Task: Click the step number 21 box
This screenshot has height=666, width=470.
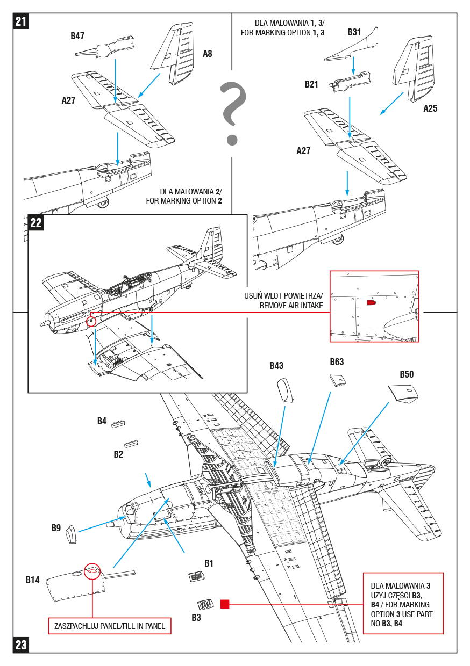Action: (20, 21)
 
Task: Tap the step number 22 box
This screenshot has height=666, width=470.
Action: (36, 222)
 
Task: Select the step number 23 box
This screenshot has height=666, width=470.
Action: (20, 645)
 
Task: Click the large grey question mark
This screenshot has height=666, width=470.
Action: (232, 113)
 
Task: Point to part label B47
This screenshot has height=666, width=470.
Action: (77, 36)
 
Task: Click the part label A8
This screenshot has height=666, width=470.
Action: (207, 54)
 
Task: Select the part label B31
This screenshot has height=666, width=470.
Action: (354, 32)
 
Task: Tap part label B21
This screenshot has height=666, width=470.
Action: (311, 84)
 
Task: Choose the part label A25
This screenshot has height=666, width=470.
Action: (430, 108)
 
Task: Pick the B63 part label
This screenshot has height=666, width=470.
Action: (337, 362)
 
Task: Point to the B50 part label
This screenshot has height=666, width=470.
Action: (407, 374)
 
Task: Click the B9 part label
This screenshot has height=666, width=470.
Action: (56, 528)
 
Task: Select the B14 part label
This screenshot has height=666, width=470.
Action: (33, 580)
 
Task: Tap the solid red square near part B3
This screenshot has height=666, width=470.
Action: (225, 604)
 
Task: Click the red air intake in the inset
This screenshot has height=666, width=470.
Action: (371, 303)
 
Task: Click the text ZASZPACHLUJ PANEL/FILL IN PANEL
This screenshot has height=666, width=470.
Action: (110, 626)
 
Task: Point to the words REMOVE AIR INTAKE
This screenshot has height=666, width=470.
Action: (290, 306)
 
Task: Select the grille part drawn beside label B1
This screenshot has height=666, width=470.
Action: (196, 577)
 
